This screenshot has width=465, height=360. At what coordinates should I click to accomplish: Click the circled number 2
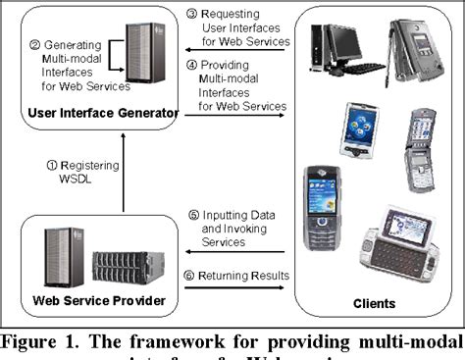(34, 44)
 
